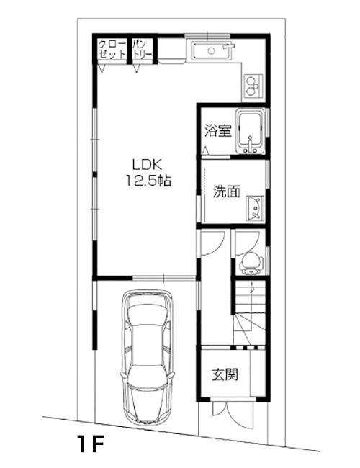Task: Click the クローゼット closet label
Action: [112, 50]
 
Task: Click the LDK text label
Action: [147, 164]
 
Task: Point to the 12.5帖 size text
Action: [148, 181]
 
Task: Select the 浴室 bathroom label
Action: [218, 130]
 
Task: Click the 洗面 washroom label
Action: [227, 192]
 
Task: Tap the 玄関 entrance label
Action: [225, 375]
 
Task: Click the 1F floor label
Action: [90, 444]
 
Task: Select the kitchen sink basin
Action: [212, 50]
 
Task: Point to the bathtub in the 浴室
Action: [250, 131]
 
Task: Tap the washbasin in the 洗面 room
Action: [255, 208]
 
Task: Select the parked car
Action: [147, 356]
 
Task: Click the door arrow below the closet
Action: [103, 68]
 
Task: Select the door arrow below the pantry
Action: [137, 68]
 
